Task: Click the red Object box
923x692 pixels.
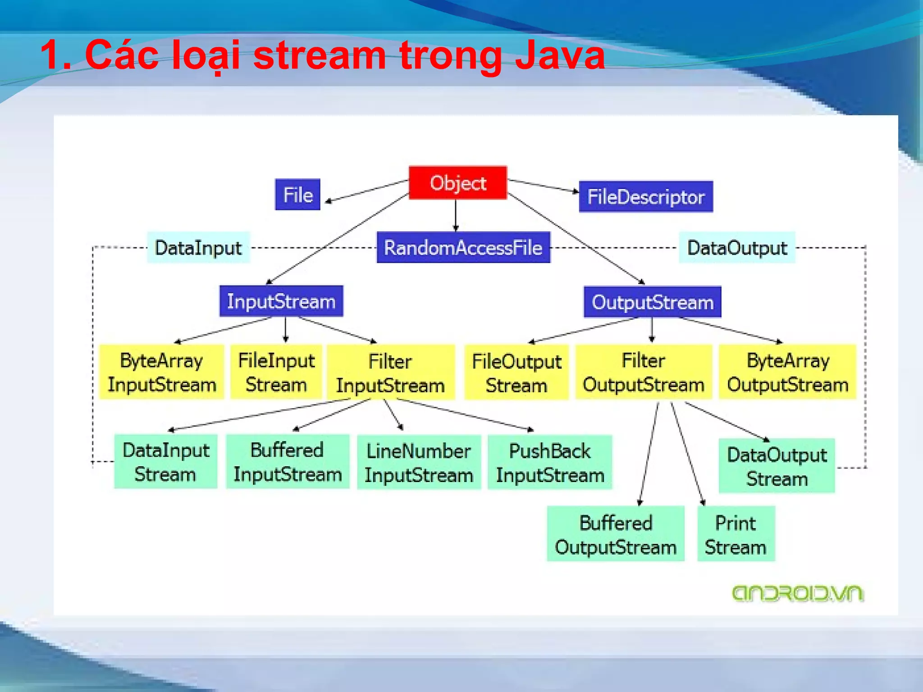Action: (458, 182)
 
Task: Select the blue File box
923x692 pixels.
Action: (297, 195)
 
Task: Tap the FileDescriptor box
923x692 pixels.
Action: (646, 197)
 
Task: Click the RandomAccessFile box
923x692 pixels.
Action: (463, 247)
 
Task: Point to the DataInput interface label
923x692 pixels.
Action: (198, 247)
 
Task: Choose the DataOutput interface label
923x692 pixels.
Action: (737, 247)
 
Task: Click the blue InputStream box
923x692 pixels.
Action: (281, 301)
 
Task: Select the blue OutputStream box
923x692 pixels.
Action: (652, 302)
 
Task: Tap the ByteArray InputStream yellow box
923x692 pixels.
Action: (161, 372)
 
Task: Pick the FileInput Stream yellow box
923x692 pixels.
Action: (276, 372)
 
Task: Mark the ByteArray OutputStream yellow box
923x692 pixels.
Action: (787, 372)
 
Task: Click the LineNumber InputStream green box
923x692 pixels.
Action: (419, 462)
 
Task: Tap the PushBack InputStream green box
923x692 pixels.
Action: (550, 462)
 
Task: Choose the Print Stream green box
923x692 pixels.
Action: (736, 534)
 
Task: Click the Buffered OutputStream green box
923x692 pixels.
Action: (616, 534)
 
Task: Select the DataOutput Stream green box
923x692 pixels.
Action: (777, 466)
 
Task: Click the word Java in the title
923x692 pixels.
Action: (560, 55)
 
